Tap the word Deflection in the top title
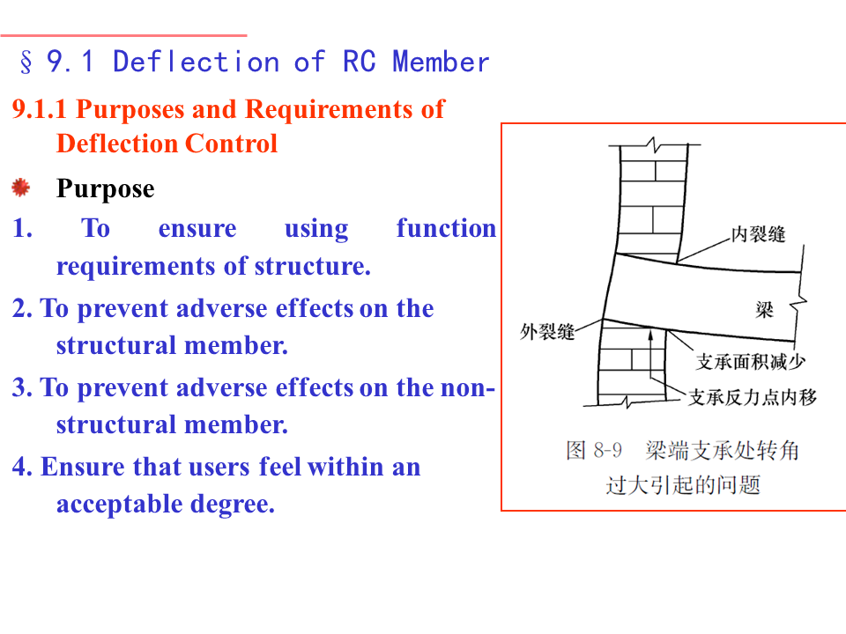point(196,63)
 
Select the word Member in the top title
point(441,63)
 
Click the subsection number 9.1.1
point(40,109)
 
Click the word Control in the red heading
point(241,144)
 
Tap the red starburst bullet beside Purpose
point(21,188)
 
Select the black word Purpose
point(105,188)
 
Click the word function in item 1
point(446,228)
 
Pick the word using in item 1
point(315,228)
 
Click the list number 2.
point(21,308)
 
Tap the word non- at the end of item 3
point(468,387)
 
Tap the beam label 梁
point(764,309)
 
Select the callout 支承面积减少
point(751,362)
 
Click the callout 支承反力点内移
point(752,398)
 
